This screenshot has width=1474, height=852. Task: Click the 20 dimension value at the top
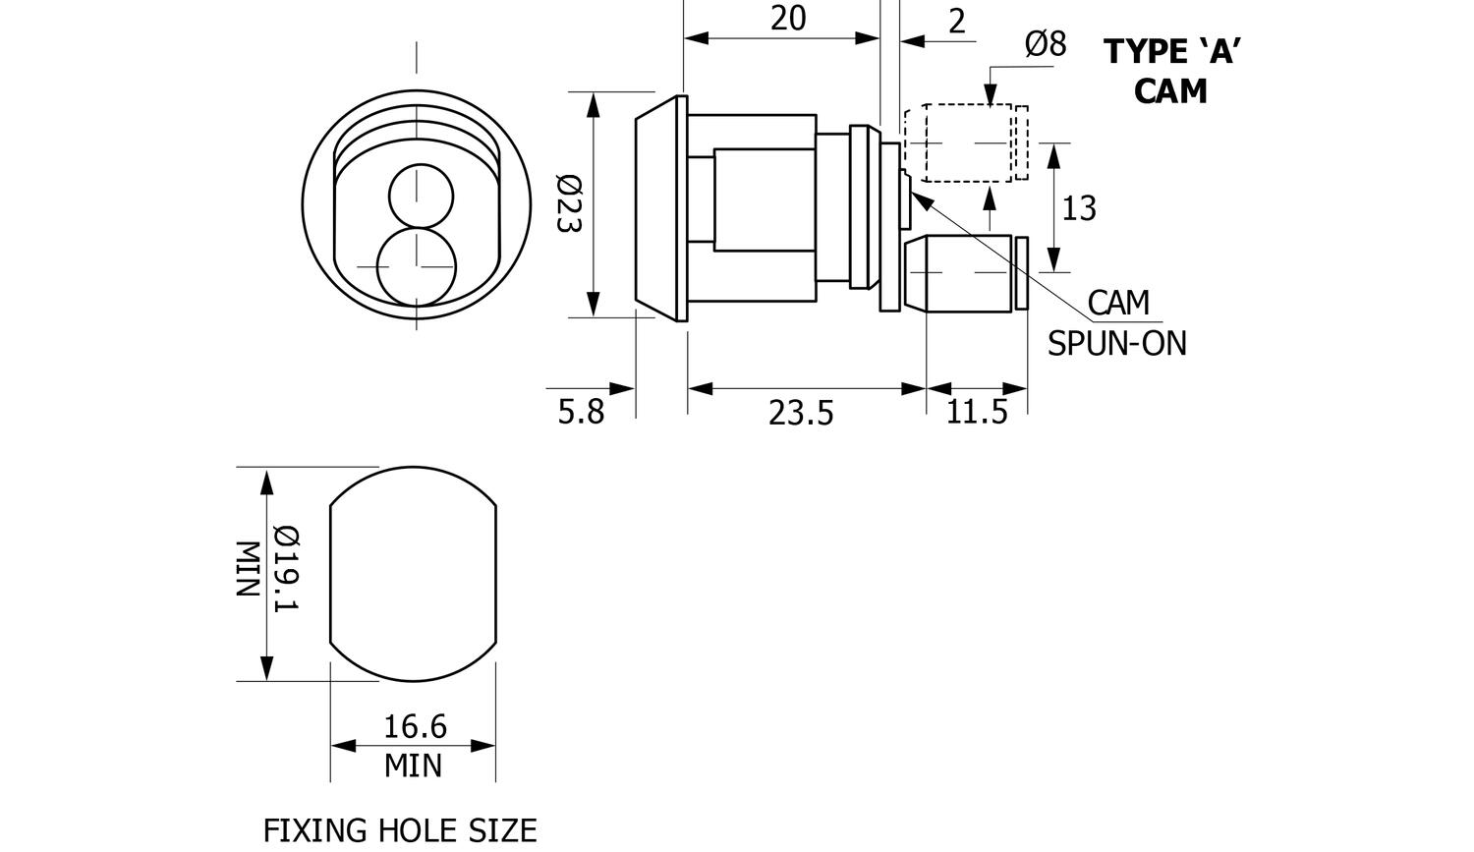click(788, 18)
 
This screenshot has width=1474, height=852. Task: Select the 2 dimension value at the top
click(957, 21)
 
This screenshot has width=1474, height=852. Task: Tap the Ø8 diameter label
click(1045, 44)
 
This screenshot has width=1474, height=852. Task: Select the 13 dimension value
click(1079, 208)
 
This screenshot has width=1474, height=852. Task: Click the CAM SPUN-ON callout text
click(1117, 322)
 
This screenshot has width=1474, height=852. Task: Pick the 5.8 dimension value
click(581, 411)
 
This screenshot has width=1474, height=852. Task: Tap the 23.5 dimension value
click(801, 413)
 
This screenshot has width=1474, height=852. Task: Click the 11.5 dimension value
click(977, 412)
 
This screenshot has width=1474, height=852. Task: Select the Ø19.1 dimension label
click(285, 568)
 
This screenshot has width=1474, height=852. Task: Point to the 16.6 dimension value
click(414, 726)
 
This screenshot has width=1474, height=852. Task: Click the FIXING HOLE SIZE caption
click(400, 830)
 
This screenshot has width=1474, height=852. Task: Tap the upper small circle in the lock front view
click(422, 195)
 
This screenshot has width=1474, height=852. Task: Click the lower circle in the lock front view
click(417, 266)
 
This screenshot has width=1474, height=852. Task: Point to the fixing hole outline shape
click(413, 574)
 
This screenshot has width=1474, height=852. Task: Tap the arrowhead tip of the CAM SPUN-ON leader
click(914, 191)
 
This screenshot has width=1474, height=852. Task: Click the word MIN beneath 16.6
click(413, 765)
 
